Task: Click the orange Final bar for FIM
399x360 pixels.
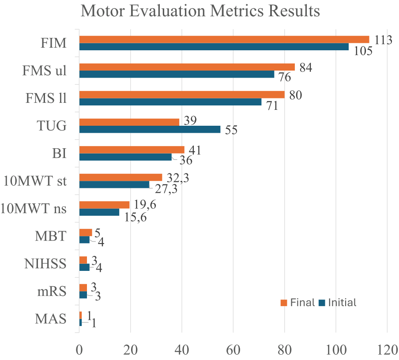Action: pos(224,39)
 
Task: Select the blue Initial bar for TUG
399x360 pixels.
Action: pos(150,129)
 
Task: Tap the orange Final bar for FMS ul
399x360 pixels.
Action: pos(187,67)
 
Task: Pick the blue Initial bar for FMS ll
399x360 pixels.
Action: pos(170,102)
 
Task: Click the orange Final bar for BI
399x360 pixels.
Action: pos(132,150)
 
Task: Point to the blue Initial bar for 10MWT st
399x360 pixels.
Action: pos(114,184)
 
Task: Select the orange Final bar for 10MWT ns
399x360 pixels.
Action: pos(104,205)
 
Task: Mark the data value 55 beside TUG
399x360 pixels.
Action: pos(231,130)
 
